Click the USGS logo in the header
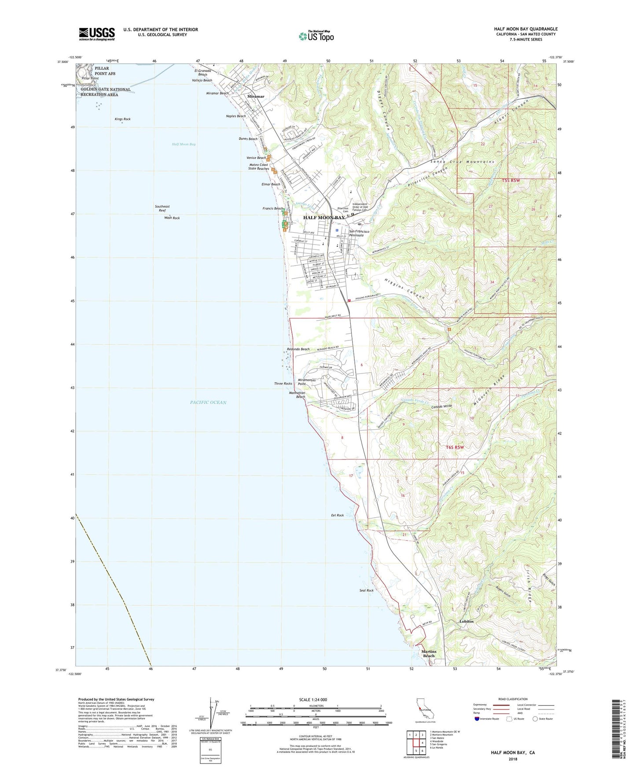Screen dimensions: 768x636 [97, 33]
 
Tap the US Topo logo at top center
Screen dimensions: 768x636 [316, 36]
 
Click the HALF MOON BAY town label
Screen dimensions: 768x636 [324, 218]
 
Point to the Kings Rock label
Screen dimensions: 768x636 [122, 119]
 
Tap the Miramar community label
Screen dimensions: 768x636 [256, 96]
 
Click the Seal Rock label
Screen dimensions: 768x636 [366, 590]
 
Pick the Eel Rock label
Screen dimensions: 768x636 [337, 515]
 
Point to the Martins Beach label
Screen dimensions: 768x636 [429, 654]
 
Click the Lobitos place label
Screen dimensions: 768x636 [466, 622]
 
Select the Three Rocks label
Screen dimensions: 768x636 [283, 384]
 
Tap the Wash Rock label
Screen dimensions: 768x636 [172, 218]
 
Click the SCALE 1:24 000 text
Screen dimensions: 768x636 [313, 699]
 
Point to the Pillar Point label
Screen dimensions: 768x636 [90, 78]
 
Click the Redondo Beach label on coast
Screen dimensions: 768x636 [298, 349]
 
